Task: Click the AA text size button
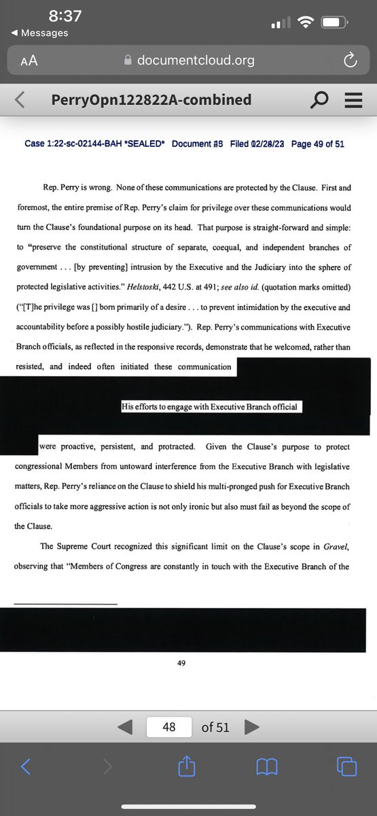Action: click(x=29, y=61)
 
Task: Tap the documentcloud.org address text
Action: click(x=196, y=61)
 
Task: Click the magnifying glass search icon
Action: click(x=318, y=101)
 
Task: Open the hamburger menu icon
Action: click(x=352, y=101)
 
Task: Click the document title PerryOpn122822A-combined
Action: click(x=151, y=100)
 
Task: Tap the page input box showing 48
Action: click(x=169, y=727)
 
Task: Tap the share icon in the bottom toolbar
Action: click(x=186, y=767)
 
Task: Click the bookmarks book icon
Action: click(x=266, y=767)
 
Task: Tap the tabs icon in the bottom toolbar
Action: click(x=346, y=767)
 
